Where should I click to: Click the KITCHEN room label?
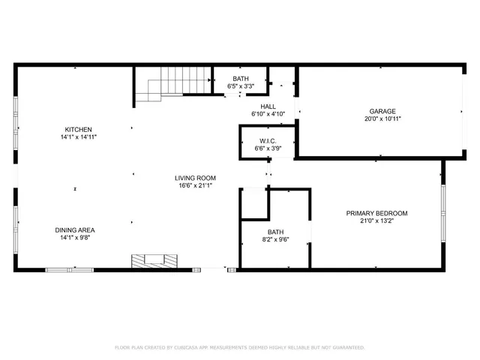tap(79, 129)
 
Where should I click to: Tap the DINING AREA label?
tap(75, 230)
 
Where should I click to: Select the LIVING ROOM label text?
tap(195, 178)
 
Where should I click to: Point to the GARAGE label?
tap(382, 111)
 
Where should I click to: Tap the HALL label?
tap(268, 106)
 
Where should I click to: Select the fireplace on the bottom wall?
tap(156, 262)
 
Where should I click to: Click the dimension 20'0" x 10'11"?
tap(382, 118)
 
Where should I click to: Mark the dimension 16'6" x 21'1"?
tap(195, 186)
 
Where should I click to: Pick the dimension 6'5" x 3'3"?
tap(240, 87)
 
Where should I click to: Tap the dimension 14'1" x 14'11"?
tap(79, 137)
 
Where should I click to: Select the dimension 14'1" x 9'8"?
tap(75, 238)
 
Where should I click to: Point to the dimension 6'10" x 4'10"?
tap(268, 115)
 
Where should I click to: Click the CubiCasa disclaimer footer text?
tap(239, 348)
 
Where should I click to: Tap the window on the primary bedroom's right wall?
tap(443, 214)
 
